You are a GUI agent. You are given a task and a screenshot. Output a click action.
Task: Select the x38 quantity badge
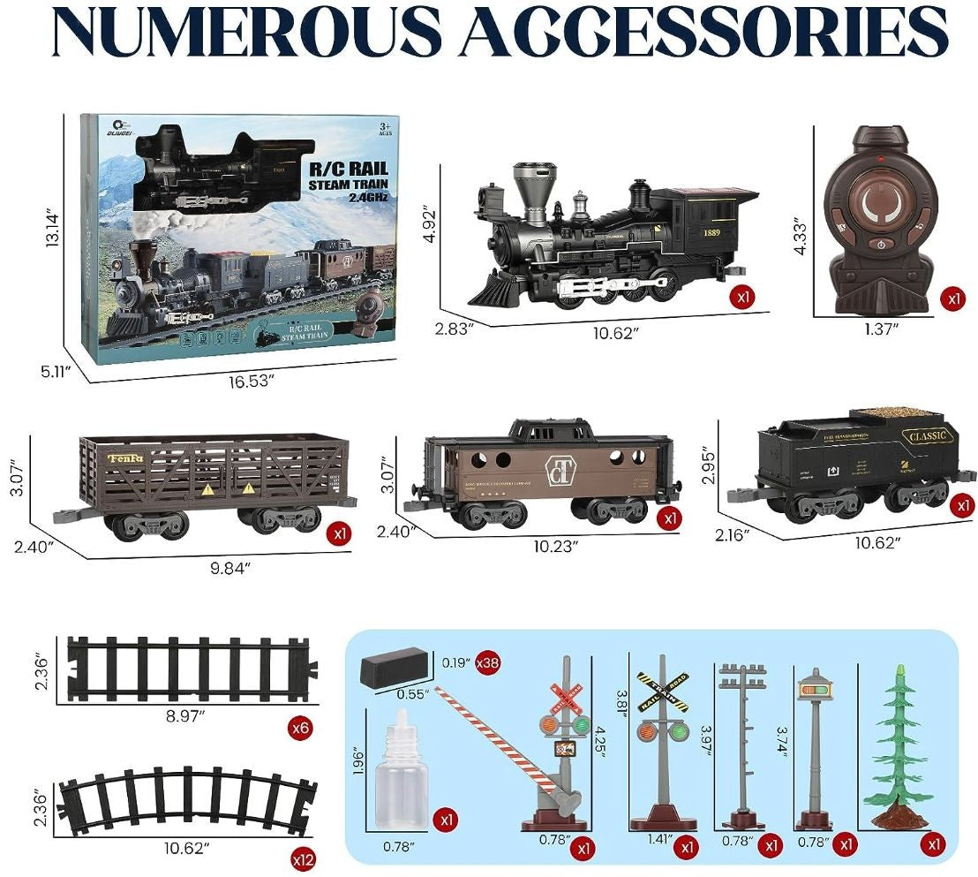click(487, 662)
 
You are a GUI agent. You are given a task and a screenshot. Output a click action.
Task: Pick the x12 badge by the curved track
click(302, 858)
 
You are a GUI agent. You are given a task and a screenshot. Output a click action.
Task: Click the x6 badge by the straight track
click(302, 729)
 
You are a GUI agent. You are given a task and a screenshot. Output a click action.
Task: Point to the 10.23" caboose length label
click(555, 545)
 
